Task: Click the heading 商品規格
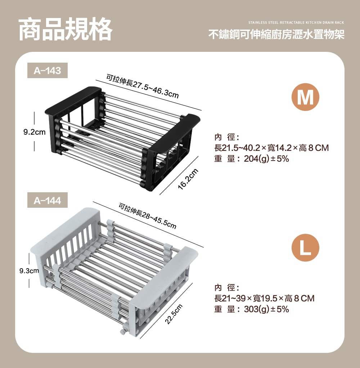pos(66,29)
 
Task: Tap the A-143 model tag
pos(48,71)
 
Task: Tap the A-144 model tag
pos(48,200)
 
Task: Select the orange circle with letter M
pos(305,97)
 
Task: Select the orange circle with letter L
pos(305,248)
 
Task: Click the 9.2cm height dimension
pos(35,132)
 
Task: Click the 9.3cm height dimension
pos(29,271)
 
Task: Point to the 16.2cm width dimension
pos(188,179)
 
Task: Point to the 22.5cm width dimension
pos(174,314)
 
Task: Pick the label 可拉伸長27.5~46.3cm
pos(143,86)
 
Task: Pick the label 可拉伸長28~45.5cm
pos(147,215)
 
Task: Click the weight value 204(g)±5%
pos(266,159)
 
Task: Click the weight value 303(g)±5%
pos(266,309)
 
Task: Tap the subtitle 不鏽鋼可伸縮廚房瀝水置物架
pos(276,35)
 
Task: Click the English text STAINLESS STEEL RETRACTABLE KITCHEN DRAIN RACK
pos(296,23)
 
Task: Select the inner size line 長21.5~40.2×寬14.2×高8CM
pos(271,148)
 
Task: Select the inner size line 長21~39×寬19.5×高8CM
pos(264,298)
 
